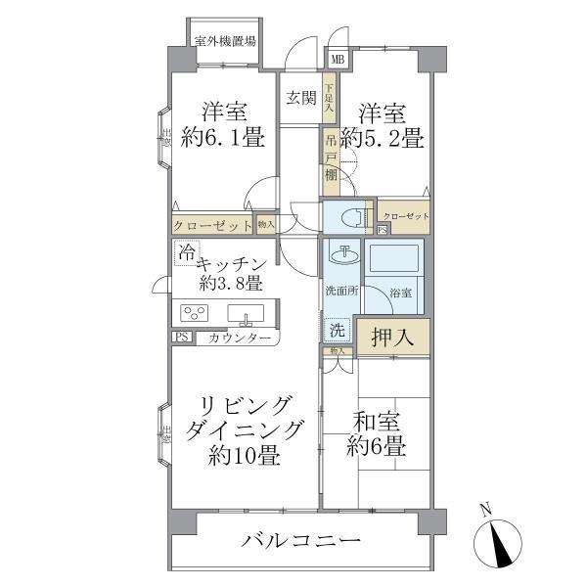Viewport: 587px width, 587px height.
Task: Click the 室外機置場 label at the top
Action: tap(226, 41)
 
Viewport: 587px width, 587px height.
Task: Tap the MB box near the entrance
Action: tap(338, 61)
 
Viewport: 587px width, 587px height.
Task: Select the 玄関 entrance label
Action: tap(300, 97)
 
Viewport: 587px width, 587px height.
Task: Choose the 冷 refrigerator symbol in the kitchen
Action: tap(185, 251)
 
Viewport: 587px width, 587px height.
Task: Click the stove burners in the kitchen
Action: tap(195, 314)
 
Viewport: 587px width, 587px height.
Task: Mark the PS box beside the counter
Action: tap(181, 338)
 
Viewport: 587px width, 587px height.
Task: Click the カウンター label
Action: tap(234, 339)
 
